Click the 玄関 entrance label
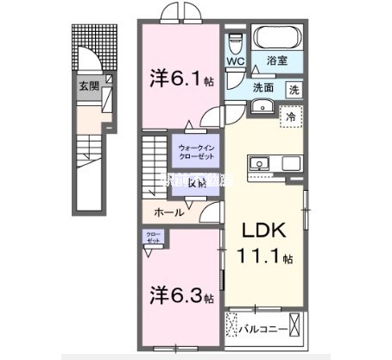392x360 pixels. tap(88, 86)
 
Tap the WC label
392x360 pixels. tap(236, 61)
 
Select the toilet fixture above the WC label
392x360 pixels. tap(237, 42)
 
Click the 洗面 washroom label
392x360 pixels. tap(263, 87)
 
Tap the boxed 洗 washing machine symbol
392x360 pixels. tap(293, 88)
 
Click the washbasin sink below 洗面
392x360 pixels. tap(262, 106)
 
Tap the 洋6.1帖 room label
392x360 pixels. tap(180, 80)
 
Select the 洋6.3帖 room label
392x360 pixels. tap(180, 297)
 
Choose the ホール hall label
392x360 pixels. tap(168, 212)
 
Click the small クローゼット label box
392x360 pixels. tap(152, 237)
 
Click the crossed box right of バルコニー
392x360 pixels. tap(297, 327)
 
